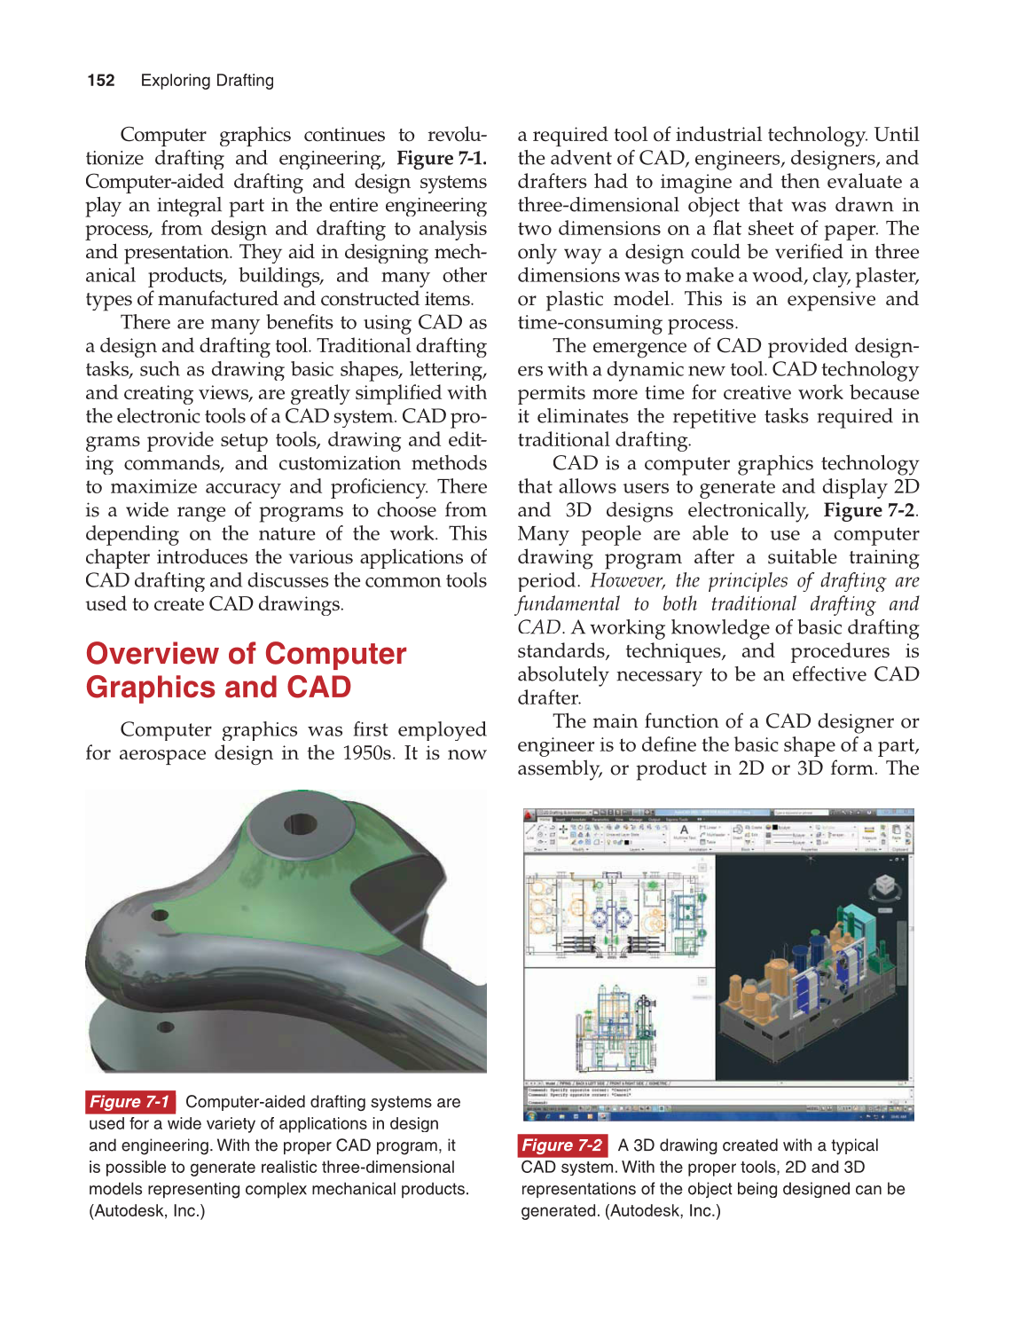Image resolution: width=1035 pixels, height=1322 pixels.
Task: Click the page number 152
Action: tap(101, 81)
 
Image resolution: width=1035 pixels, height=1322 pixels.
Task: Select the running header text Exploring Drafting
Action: tap(207, 81)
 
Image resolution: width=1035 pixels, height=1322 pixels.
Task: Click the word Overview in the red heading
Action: tap(152, 654)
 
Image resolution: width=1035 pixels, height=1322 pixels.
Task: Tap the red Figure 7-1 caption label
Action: tap(129, 1102)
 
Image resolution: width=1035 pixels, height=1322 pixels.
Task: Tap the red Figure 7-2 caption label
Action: tap(562, 1145)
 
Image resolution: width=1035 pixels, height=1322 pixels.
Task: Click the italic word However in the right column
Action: tap(626, 581)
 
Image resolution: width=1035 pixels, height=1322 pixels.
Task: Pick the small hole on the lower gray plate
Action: tap(165, 1027)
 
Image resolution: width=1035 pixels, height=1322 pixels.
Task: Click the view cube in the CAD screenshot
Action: tap(884, 885)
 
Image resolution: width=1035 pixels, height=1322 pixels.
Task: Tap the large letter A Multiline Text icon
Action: tap(684, 830)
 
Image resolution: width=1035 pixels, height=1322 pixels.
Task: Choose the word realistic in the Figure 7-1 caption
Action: tap(296, 1168)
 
